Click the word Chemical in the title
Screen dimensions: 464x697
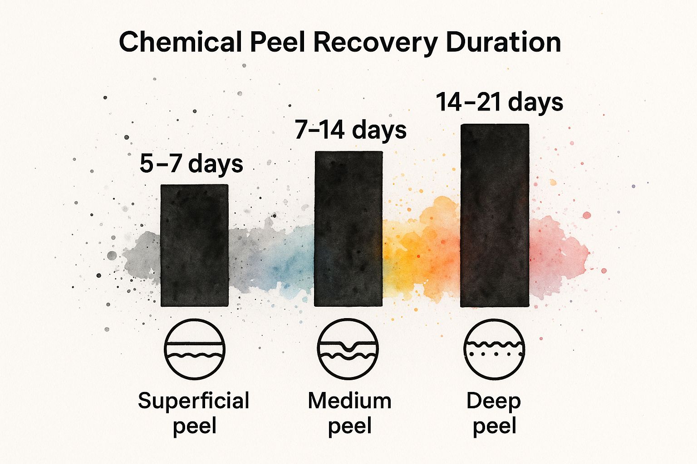click(180, 43)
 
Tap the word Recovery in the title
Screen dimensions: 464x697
click(375, 43)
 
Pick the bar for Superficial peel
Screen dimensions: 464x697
click(194, 246)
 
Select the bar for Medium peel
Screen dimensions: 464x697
click(348, 229)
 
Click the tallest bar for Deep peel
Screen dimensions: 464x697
click(495, 216)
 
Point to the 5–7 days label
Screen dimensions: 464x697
click(191, 164)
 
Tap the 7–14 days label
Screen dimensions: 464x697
click(350, 130)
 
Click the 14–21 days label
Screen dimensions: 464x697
click(499, 102)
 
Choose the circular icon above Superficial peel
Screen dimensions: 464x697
click(194, 349)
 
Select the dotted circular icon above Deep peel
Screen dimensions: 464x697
click(494, 349)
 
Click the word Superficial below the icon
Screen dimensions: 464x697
click(194, 401)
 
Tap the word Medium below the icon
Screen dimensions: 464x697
click(349, 401)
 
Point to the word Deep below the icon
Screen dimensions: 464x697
click(494, 401)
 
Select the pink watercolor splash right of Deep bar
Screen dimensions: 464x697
click(556, 258)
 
